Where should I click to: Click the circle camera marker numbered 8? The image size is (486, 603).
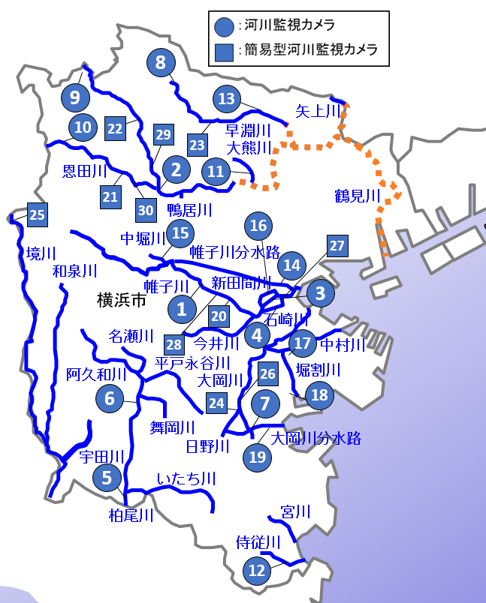[x=160, y=63]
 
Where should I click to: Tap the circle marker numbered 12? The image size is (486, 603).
[x=257, y=570]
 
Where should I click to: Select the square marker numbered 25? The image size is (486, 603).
[x=37, y=215]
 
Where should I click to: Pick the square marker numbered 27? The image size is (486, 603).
[x=337, y=246]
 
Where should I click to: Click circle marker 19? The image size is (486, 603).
[x=257, y=456]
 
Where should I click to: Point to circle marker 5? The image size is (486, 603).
[x=107, y=477]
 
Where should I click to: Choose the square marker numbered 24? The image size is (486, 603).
[x=216, y=403]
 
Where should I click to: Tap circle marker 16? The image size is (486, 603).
[x=258, y=225]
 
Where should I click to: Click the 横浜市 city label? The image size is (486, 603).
[x=121, y=301]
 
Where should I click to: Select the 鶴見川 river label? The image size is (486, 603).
[x=358, y=196]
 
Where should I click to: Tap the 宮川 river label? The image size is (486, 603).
[x=295, y=512]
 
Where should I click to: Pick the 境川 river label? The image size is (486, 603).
[x=41, y=252]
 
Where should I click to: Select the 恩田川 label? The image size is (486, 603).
[x=85, y=172]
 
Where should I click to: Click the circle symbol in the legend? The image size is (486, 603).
[x=224, y=27]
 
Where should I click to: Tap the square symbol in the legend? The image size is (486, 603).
[x=224, y=52]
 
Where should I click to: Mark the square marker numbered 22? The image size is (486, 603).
[x=115, y=128]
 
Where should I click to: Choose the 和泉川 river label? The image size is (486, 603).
[x=75, y=271]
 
